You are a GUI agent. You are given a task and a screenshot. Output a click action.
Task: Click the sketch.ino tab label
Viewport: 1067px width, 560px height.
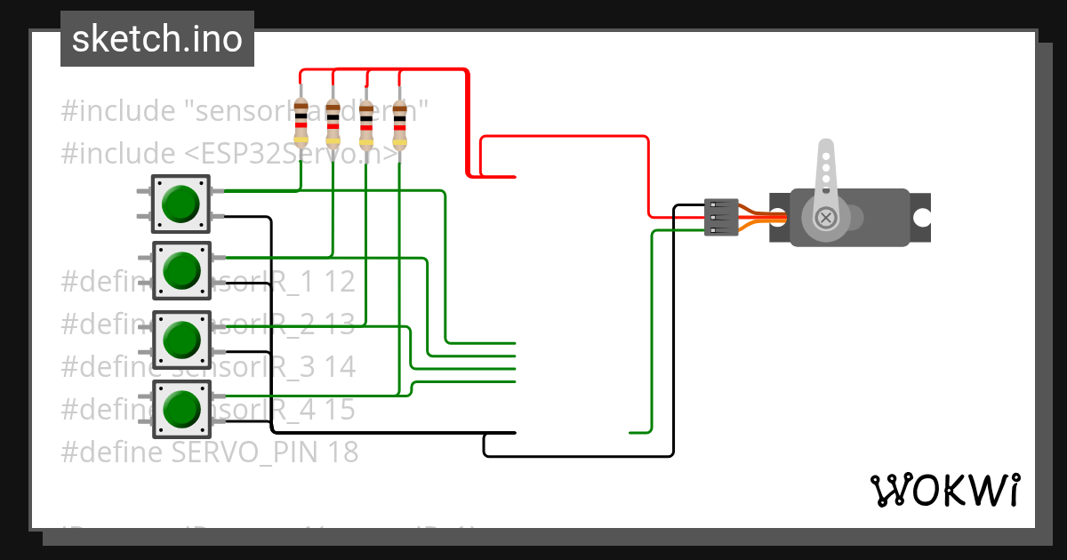156,39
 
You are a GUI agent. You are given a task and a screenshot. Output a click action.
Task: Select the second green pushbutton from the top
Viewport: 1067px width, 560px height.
181,270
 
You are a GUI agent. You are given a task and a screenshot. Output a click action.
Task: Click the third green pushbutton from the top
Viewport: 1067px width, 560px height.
181,339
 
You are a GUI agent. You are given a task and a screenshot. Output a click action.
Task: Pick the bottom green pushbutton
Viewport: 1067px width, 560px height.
181,408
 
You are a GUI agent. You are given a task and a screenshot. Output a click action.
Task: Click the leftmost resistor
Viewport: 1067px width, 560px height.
301,123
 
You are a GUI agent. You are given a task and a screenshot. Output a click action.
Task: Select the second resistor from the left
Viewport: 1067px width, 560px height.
333,123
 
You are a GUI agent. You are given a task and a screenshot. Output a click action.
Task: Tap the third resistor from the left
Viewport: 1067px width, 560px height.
365,123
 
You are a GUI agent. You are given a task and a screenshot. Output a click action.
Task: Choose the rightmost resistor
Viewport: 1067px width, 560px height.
399,123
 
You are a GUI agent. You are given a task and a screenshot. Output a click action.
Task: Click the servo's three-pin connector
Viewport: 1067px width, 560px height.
721,217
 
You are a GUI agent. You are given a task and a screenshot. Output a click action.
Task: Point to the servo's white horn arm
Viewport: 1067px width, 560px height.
826,169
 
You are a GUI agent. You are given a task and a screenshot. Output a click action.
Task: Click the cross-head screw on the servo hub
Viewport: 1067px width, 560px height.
826,217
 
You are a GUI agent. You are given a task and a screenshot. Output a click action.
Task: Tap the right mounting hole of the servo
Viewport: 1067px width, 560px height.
921,217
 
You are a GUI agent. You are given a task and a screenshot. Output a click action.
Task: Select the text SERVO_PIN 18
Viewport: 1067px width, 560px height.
265,452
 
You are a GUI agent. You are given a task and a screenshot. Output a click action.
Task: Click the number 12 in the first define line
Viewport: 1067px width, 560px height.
339,282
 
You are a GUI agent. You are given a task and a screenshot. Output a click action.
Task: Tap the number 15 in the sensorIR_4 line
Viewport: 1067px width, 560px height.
339,410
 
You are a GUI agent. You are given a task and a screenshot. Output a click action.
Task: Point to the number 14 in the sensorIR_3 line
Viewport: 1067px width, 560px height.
339,367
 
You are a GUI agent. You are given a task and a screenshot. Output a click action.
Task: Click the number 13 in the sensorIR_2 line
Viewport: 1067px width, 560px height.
339,324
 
